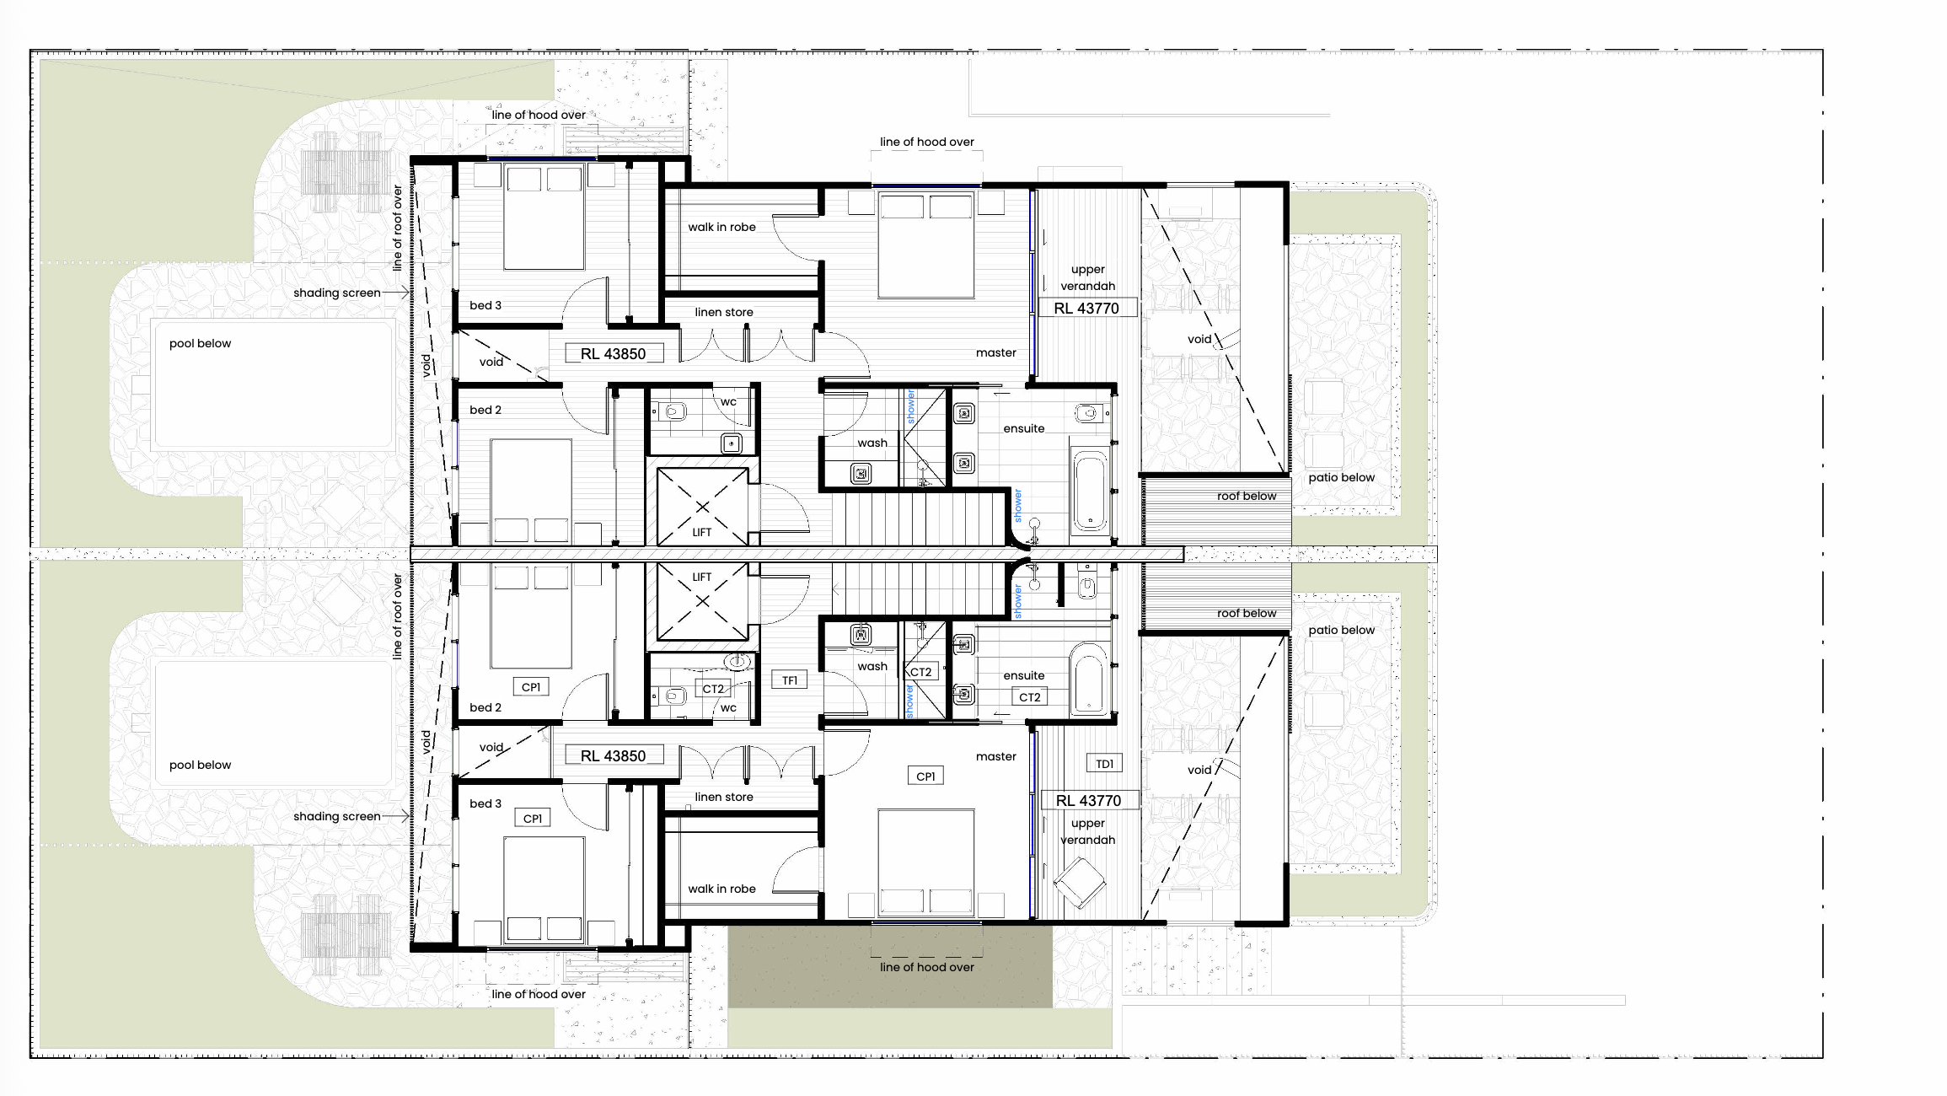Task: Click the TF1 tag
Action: pos(790,680)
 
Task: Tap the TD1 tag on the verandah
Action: pos(1104,764)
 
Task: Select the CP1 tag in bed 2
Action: pos(531,687)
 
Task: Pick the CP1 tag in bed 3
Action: pos(533,818)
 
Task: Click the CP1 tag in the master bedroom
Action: pos(925,776)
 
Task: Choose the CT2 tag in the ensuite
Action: pos(1029,697)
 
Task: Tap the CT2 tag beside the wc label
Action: pos(713,689)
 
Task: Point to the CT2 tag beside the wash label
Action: pos(920,672)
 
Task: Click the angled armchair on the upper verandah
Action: pos(1080,882)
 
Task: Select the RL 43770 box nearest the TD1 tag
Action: pos(1088,800)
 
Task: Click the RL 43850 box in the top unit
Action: pos(614,354)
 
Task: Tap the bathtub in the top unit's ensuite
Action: pos(1090,492)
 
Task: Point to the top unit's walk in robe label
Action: pos(721,227)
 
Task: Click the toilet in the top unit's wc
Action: pos(674,412)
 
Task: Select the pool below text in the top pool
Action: pos(200,343)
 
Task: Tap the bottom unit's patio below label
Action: pos(1341,630)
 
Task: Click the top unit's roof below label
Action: pos(1247,496)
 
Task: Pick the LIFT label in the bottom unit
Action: pos(702,578)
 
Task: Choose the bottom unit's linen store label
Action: pos(724,797)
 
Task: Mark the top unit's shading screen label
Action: pos(337,293)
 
